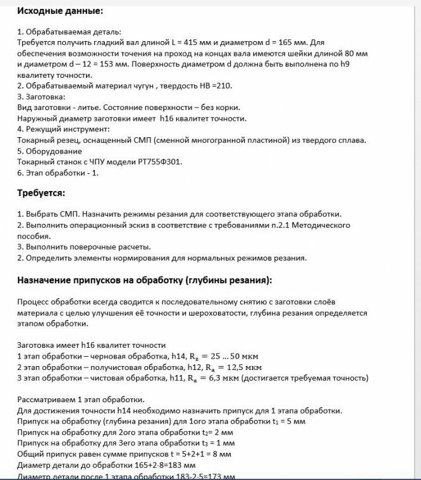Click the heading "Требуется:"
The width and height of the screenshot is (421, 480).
[42, 193]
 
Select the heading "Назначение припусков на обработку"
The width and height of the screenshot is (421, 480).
[145, 280]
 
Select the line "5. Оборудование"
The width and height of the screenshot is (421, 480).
[49, 151]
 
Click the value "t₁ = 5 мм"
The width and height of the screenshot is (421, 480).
[312, 422]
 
